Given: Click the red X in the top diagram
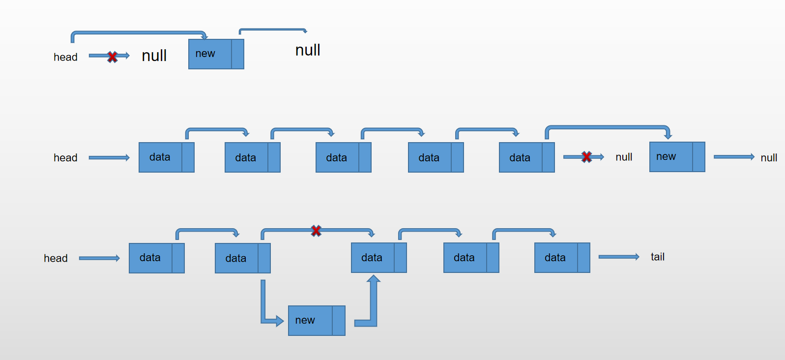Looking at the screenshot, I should pyautogui.click(x=112, y=57).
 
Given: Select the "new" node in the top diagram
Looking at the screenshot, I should pyautogui.click(x=216, y=54).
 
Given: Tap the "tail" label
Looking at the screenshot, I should pyautogui.click(x=657, y=257).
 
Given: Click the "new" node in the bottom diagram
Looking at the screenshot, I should pyautogui.click(x=316, y=320).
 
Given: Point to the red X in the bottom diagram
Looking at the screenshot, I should pyautogui.click(x=316, y=230).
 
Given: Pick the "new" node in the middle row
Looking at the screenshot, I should pyautogui.click(x=677, y=157).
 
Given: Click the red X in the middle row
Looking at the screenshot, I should pyautogui.click(x=586, y=157).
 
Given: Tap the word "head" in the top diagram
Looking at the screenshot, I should pyautogui.click(x=65, y=57).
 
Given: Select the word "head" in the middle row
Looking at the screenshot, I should pyautogui.click(x=65, y=158).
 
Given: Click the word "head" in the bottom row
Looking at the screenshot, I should pyautogui.click(x=56, y=258).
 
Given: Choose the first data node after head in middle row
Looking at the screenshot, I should pyautogui.click(x=166, y=157).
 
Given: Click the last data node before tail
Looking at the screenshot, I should pyautogui.click(x=562, y=257).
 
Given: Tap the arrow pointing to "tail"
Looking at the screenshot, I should pyautogui.click(x=618, y=257).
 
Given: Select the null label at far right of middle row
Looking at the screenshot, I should pyautogui.click(x=769, y=158).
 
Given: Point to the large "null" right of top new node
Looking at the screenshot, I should pyautogui.click(x=308, y=50).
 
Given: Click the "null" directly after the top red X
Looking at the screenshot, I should pyautogui.click(x=154, y=56).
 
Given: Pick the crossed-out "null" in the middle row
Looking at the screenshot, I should pyautogui.click(x=624, y=157).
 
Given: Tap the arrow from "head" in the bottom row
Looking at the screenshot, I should pyautogui.click(x=99, y=258).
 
